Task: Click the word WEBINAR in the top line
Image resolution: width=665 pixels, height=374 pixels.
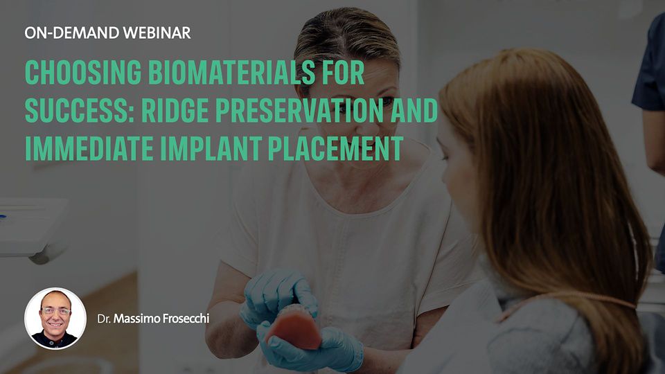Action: (x=156, y=33)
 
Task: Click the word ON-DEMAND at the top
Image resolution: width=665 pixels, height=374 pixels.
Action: (x=71, y=33)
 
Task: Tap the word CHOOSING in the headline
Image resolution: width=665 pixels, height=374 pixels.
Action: (x=83, y=73)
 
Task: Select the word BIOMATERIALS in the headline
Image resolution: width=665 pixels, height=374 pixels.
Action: (x=232, y=73)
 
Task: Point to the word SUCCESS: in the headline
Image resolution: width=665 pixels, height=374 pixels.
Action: (x=80, y=110)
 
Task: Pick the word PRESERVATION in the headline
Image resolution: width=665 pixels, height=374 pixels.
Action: (x=299, y=110)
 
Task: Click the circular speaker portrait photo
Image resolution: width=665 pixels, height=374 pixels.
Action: (x=55, y=319)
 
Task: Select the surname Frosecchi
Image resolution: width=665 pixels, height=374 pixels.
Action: (x=186, y=319)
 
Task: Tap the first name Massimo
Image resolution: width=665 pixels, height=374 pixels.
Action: (x=136, y=319)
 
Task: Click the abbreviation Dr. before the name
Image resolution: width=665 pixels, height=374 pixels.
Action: (x=104, y=319)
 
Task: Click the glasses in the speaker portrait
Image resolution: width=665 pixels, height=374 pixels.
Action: (x=55, y=312)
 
